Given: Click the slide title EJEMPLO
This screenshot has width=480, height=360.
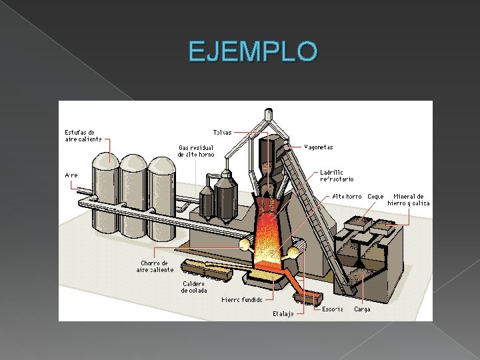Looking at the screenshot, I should tap(253, 51).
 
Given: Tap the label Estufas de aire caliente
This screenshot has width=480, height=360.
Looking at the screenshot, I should tap(83, 135).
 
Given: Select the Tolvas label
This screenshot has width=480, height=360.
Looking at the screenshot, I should tap(222, 132).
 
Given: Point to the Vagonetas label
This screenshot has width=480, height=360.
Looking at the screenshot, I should tap(319, 147).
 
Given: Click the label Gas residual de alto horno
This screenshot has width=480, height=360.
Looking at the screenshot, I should tap(196, 151).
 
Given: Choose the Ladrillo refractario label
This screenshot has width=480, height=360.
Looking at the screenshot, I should tap(337, 175).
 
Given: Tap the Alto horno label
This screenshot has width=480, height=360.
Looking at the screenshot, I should tap(347, 197).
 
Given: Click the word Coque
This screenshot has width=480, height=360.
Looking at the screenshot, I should tap(375, 197).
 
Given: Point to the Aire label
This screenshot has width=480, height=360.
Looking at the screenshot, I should tap(71, 175).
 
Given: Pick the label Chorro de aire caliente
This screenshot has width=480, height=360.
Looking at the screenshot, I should tap(155, 266).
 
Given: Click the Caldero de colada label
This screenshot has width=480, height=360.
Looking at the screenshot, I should tap(195, 287).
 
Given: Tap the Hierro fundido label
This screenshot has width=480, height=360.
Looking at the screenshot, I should tap(242, 300).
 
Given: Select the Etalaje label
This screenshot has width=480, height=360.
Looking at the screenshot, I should tap(283, 313).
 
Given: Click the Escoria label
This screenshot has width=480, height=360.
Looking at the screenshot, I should tap(333, 309).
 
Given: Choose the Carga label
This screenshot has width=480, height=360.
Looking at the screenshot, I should tap(362, 309).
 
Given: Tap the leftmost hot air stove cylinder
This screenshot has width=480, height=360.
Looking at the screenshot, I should tap(105, 200).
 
